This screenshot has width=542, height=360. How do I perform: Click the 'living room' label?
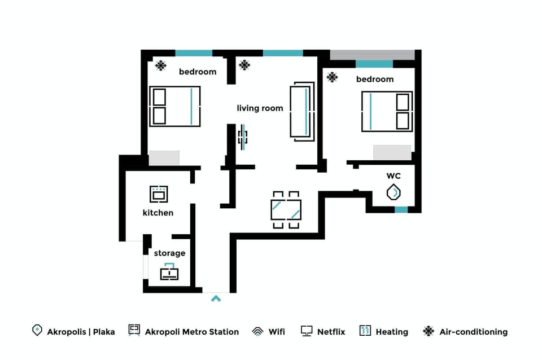(260, 108)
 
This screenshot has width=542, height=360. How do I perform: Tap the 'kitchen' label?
(158, 213)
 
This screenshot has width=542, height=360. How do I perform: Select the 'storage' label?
(169, 253)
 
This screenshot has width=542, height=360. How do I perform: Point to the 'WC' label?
(394, 176)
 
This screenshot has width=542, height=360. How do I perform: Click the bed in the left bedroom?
(175, 106)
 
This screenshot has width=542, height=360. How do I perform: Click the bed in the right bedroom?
(387, 111)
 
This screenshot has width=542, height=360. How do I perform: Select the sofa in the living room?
(302, 110)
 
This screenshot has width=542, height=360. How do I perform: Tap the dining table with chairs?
(286, 209)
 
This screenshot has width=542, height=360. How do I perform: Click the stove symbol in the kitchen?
(159, 194)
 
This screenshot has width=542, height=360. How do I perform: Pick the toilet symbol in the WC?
(394, 192)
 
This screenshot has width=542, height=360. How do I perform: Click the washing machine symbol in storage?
(169, 273)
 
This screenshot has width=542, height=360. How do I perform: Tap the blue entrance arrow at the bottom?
(216, 298)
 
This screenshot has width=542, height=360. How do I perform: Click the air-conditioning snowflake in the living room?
(244, 65)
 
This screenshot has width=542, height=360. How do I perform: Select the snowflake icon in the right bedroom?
(332, 77)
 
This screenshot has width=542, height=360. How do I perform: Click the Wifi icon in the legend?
(257, 332)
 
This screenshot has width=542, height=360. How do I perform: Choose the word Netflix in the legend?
(331, 332)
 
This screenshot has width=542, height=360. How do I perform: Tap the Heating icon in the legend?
(365, 331)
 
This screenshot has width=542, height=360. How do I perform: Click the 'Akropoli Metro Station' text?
(192, 332)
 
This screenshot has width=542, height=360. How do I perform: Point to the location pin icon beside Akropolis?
(37, 331)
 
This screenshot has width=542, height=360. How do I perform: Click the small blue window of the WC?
(401, 210)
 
